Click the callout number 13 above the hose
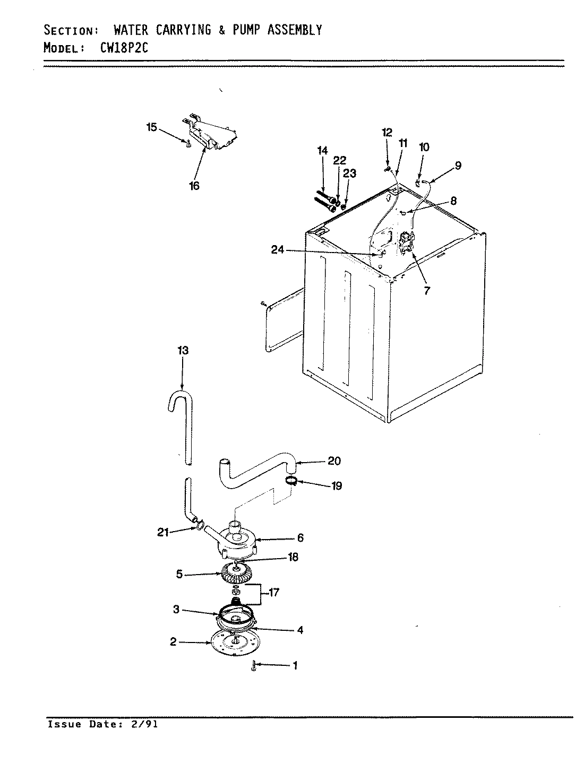click(183, 351)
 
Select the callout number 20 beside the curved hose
click(334, 461)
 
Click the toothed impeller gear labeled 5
click(235, 575)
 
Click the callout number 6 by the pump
click(300, 538)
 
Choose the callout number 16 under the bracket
click(194, 186)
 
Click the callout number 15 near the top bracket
click(152, 127)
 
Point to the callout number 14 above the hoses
click(323, 151)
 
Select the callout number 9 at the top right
click(457, 166)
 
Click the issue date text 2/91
click(146, 724)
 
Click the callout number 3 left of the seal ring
click(176, 610)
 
